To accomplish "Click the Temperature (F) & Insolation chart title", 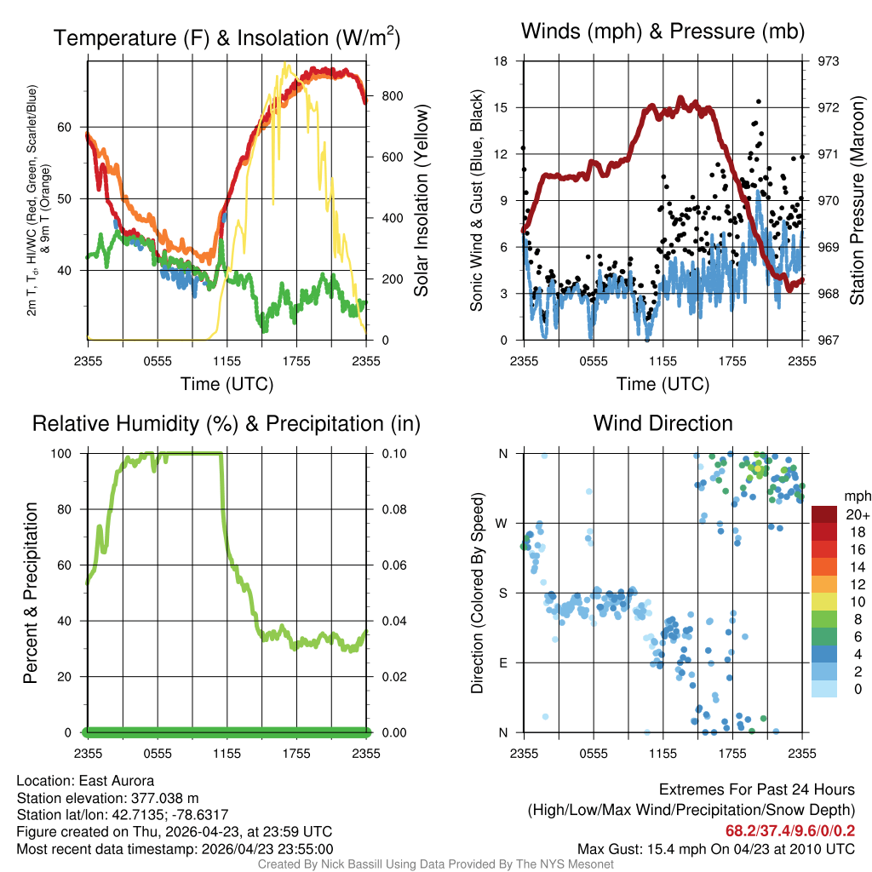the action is point(227,37).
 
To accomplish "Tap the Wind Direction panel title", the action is point(663,423).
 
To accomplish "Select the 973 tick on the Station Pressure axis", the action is point(828,61).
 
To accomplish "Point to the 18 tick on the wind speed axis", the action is point(501,61).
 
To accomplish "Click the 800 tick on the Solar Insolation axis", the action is point(392,96).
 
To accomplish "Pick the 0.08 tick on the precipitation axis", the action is point(393,509).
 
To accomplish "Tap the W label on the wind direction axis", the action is point(502,524).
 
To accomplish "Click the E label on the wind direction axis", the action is point(503,663).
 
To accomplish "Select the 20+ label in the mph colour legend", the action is point(858,514).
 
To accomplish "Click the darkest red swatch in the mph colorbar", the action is point(824,514).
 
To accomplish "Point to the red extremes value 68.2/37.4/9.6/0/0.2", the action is point(790,831).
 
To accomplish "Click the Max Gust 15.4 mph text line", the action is point(715,849).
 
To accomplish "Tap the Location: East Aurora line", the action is point(85,781).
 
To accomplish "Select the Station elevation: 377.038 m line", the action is point(107,798).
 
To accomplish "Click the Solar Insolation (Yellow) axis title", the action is point(422,200).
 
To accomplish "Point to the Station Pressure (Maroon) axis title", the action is point(857,200).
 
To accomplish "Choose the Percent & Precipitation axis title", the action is point(30,593).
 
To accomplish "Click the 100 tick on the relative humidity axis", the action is point(61,454).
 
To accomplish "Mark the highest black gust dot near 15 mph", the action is point(759,102).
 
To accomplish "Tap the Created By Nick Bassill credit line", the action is point(435,864).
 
